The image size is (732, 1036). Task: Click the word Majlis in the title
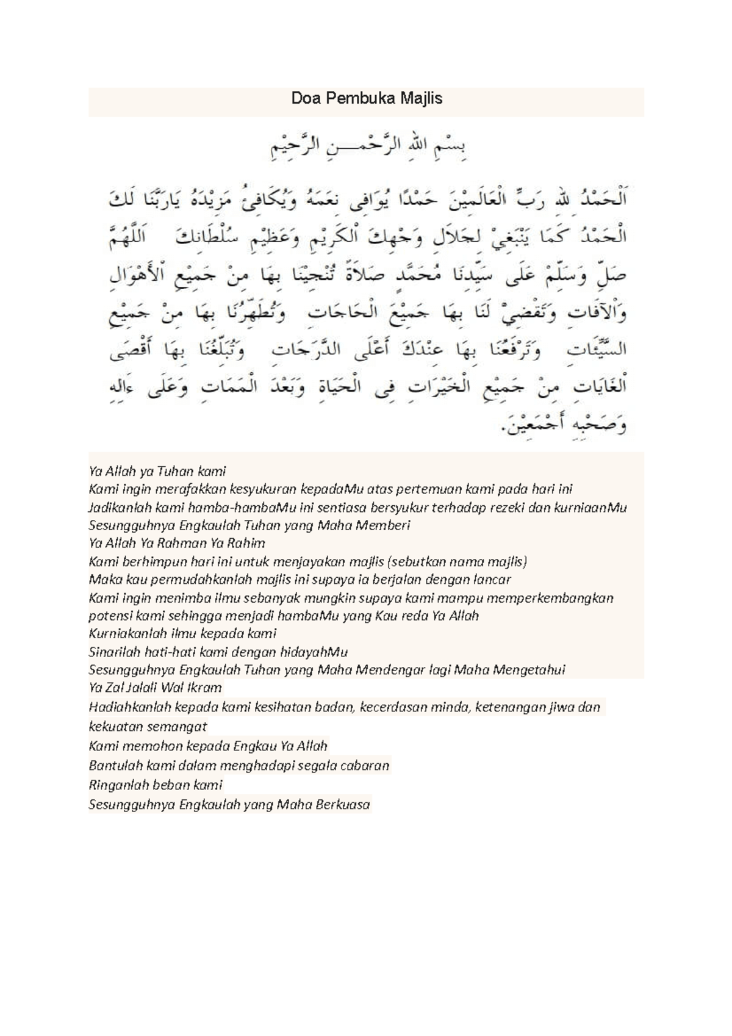pyautogui.click(x=422, y=98)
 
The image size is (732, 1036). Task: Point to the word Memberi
pyautogui.click(x=382, y=525)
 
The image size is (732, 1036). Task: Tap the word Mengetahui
pyautogui.click(x=525, y=670)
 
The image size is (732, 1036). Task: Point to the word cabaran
pyautogui.click(x=364, y=766)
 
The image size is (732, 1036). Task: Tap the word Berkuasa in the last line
pyautogui.click(x=342, y=804)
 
